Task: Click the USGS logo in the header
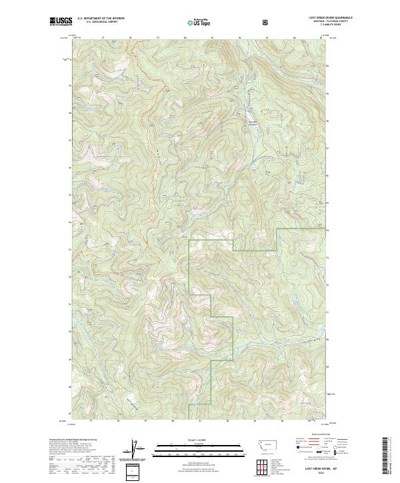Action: (61, 22)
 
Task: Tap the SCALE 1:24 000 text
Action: (198, 439)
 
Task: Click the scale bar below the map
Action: (198, 448)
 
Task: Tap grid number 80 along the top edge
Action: (185, 39)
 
